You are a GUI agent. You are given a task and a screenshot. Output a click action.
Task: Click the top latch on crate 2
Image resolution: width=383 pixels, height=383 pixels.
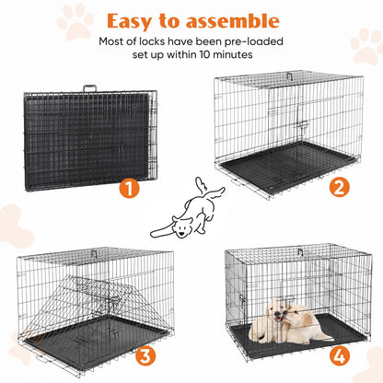288,77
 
